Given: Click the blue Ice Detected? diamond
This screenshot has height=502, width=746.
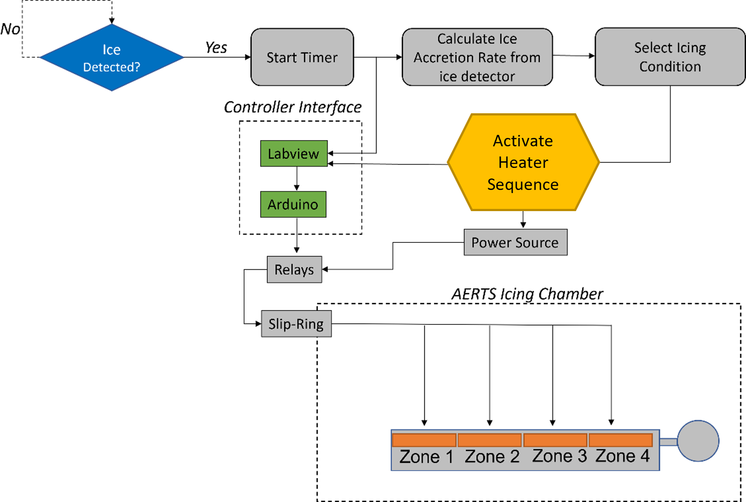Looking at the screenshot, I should [112, 57].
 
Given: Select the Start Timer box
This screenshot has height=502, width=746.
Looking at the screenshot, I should [302, 57].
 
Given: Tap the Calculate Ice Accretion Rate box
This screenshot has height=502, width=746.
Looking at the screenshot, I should [477, 57].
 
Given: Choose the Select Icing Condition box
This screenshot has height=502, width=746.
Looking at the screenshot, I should [670, 57].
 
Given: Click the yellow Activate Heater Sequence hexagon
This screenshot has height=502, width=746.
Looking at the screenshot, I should [523, 162].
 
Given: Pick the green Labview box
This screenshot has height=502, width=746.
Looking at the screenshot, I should [294, 153].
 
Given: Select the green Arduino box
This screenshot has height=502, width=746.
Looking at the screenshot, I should [293, 204].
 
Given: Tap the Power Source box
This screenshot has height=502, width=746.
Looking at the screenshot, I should [515, 242].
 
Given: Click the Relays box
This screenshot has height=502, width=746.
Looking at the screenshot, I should [294, 269].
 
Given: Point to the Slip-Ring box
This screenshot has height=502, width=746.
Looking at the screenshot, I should [296, 324].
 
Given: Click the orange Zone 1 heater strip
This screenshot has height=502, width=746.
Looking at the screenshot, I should [424, 440].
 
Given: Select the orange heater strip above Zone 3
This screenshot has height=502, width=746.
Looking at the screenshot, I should [555, 440].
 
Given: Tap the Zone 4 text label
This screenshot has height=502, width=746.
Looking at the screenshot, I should [623, 456].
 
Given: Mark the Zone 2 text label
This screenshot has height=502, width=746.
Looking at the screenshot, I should [492, 457].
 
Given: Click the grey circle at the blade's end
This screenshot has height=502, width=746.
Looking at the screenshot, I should [698, 441].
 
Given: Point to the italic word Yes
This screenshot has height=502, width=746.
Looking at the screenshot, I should [216, 48].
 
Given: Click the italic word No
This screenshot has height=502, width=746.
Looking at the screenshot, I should [10, 29].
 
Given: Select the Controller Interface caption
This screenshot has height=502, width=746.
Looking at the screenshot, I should [293, 107].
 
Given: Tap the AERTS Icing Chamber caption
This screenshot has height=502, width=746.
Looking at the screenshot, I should [527, 294].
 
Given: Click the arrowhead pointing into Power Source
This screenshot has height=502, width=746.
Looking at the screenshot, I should [523, 225].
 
